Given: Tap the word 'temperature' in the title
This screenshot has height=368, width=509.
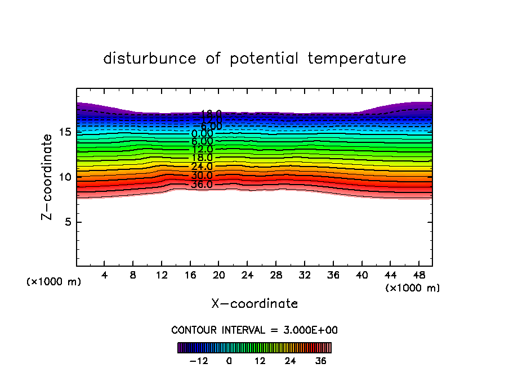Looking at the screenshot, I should pyautogui.click(x=357, y=59).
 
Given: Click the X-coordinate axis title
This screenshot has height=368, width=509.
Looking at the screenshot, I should pyautogui.click(x=254, y=304).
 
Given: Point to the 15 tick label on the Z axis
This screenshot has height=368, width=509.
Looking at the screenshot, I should pyautogui.click(x=64, y=132).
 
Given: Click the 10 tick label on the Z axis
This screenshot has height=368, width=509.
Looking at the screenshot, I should pyautogui.click(x=64, y=177).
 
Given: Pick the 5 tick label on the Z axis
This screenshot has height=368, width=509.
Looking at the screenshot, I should pyautogui.click(x=67, y=222).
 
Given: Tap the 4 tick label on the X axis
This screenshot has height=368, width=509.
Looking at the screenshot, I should pyautogui.click(x=105, y=275).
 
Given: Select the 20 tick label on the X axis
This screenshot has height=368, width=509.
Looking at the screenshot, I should pyautogui.click(x=218, y=275).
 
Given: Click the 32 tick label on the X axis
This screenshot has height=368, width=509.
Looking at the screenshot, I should pyautogui.click(x=304, y=275).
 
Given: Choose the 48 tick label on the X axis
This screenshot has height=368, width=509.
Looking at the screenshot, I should pyautogui.click(x=418, y=275).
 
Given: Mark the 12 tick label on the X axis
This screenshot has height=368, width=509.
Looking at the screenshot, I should pyautogui.click(x=162, y=275).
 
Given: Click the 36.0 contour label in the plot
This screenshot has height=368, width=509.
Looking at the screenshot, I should pyautogui.click(x=202, y=185).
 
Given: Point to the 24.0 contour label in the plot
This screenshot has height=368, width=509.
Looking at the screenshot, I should pyautogui.click(x=202, y=167).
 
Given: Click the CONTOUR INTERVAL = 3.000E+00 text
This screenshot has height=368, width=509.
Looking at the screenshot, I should pyautogui.click(x=254, y=330).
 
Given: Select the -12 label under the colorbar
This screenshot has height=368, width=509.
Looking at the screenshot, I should pyautogui.click(x=199, y=361).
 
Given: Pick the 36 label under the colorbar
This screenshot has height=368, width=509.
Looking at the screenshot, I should pyautogui.click(x=320, y=361).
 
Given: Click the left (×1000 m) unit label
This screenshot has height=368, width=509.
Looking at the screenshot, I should pyautogui.click(x=54, y=282).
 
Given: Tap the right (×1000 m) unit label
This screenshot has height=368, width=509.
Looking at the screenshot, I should pyautogui.click(x=413, y=288).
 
